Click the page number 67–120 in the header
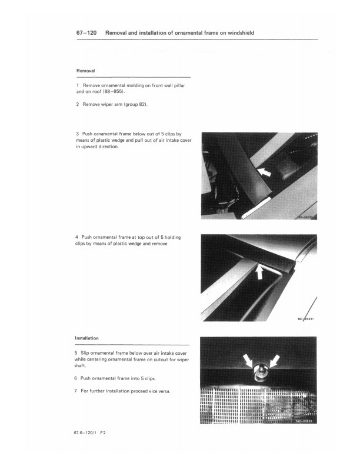point(86,34)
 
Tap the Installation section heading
point(86,338)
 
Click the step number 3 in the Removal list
point(77,134)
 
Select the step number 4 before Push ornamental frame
point(77,237)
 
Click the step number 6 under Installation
point(77,377)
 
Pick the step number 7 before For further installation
point(77,390)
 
